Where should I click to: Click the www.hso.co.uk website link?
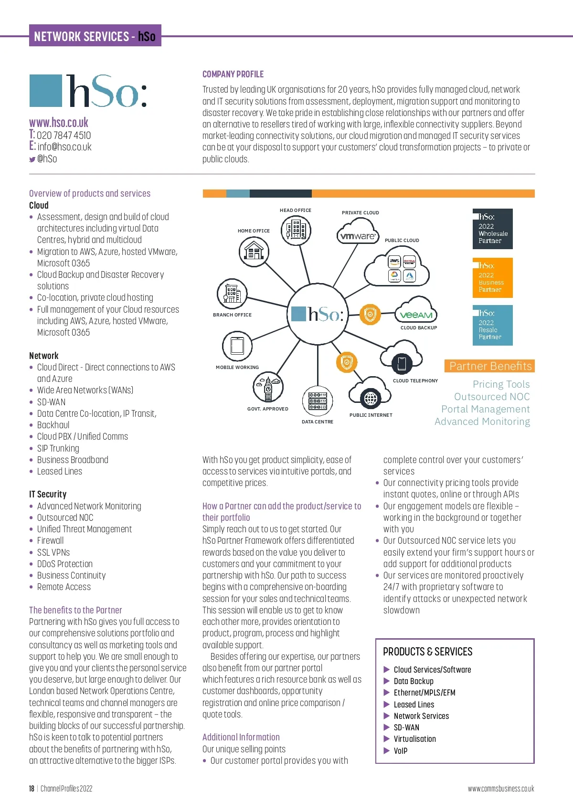[59, 123]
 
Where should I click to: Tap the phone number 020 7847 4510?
[64, 136]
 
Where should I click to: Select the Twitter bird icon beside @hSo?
[32, 159]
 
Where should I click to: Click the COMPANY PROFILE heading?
[233, 74]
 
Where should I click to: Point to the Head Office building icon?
[296, 230]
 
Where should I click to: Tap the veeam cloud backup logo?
[416, 315]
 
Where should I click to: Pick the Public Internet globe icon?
[371, 398]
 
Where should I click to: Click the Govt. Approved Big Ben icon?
[268, 387]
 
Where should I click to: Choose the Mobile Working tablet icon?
[237, 345]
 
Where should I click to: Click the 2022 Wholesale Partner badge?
[493, 229]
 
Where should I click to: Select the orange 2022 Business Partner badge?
[493, 278]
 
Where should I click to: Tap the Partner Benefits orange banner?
[490, 366]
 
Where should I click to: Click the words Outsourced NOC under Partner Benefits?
[492, 397]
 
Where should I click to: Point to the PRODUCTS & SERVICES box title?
[428, 652]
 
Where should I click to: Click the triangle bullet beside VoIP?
[387, 750]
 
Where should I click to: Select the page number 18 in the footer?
[32, 789]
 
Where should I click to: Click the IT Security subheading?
[48, 494]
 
